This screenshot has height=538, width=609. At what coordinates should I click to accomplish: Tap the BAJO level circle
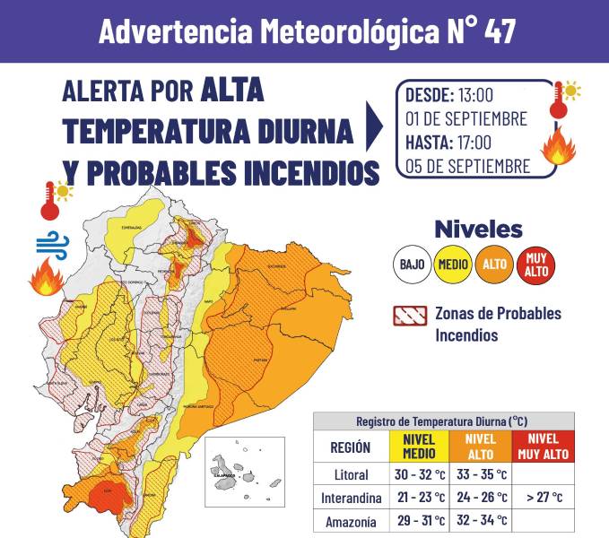coord(412,265)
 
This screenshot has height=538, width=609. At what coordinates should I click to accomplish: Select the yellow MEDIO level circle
coord(453,265)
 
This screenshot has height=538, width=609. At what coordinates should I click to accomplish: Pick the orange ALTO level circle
coord(494,265)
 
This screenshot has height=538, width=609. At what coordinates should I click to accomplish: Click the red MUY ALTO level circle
coord(536,265)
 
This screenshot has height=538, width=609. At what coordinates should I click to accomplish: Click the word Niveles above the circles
coord(478,229)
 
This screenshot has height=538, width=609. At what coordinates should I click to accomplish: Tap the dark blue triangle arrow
coord(374,126)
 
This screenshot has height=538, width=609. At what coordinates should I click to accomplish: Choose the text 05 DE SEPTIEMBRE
coord(467,166)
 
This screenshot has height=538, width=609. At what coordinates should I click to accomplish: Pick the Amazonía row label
coord(350,520)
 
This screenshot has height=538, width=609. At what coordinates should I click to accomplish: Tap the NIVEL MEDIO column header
coord(419,446)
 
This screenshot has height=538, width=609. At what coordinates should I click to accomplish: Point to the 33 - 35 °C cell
coord(482,473)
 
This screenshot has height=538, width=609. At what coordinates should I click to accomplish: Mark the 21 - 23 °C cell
coord(419,497)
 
